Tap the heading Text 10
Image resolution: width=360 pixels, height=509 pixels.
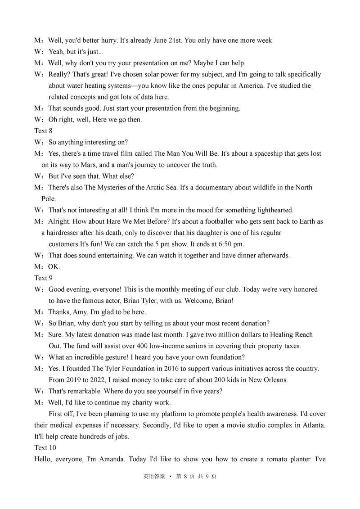coord(45,448)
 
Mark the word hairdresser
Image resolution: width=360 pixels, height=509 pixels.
coord(63,233)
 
